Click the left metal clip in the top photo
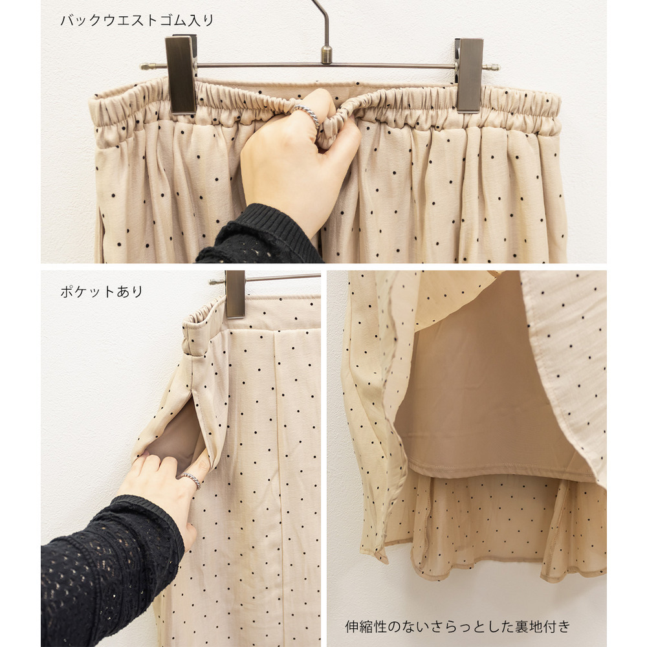tap(181, 74)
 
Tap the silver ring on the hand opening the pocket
tap(191, 480)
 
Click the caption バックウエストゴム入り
tap(137, 20)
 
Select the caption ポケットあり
tap(102, 292)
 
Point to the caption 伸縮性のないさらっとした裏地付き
tap(457, 626)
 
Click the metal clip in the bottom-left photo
tap(235, 294)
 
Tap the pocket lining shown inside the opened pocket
tap(177, 437)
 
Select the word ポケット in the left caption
tap(87, 292)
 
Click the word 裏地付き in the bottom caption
tap(543, 626)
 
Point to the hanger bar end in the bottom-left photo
tap(212, 282)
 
